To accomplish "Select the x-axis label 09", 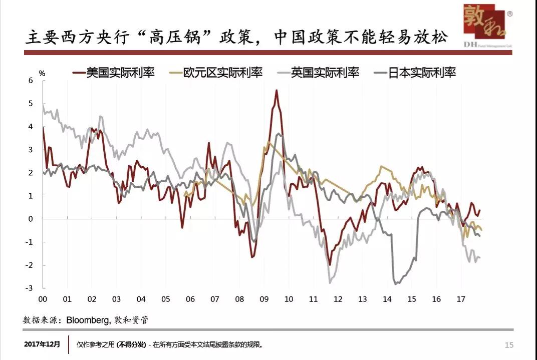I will click(264, 299).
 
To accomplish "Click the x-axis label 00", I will click(43, 299).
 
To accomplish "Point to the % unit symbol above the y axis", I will click(42, 73).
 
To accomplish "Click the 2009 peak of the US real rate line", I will click(277, 91).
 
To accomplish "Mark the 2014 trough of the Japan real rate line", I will click(397, 284).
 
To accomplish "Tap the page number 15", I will click(508, 345).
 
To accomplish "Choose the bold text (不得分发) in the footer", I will click(132, 345).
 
